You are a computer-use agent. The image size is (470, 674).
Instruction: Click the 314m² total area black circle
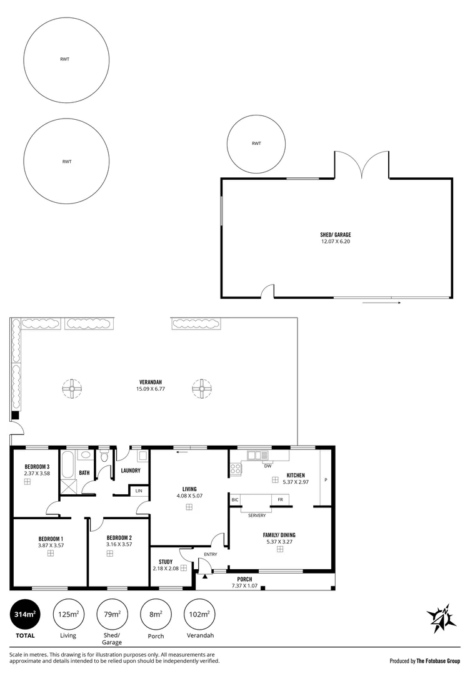pyautogui.click(x=25, y=614)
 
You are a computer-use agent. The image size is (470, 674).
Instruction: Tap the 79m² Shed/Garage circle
pyautogui.click(x=112, y=614)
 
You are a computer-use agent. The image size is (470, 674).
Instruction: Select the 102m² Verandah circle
pyautogui.click(x=199, y=614)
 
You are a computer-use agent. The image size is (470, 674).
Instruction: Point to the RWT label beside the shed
pyautogui.click(x=256, y=144)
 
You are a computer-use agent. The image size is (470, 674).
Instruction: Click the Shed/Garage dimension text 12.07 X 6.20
pyautogui.click(x=336, y=242)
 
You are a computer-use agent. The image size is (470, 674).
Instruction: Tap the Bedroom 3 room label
pyautogui.click(x=37, y=467)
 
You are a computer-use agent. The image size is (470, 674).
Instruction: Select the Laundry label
pyautogui.click(x=131, y=471)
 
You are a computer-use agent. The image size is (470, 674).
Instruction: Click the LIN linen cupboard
pyautogui.click(x=139, y=491)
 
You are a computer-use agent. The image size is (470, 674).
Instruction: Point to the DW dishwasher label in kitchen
pyautogui.click(x=267, y=466)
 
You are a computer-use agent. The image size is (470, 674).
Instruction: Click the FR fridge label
pyautogui.click(x=280, y=500)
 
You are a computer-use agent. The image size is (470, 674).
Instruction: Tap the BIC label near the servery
pyautogui.click(x=235, y=500)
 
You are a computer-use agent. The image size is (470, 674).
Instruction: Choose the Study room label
pyautogui.click(x=166, y=562)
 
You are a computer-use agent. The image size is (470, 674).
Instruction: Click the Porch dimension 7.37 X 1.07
pyautogui.click(x=244, y=585)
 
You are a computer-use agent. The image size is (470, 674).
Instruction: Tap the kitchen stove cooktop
pyautogui.click(x=236, y=469)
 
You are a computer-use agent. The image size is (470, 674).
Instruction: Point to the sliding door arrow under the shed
pyautogui.click(x=382, y=303)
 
